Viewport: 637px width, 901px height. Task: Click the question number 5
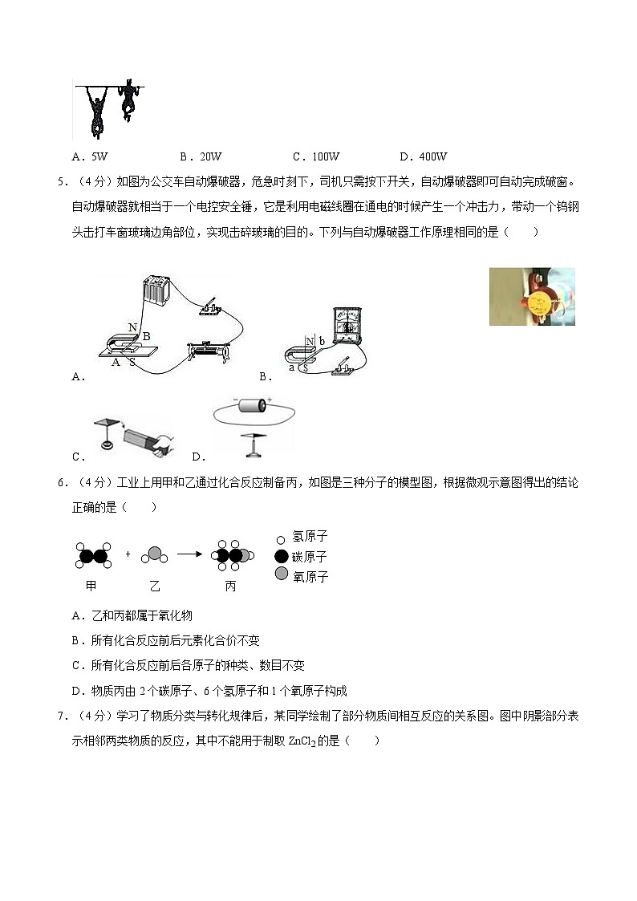coord(61,181)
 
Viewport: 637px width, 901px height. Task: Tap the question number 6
coord(61,482)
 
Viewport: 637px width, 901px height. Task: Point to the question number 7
coord(61,716)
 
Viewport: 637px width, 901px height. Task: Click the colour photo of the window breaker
coord(532,296)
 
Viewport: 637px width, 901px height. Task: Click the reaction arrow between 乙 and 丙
coord(189,554)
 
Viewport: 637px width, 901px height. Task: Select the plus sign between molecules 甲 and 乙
coord(128,554)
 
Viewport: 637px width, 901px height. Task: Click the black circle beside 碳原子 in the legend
coord(281,556)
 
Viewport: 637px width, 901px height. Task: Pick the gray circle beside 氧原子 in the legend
coord(281,574)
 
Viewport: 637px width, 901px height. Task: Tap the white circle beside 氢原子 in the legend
coord(281,538)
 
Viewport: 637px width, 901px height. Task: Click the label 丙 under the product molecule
coord(230,586)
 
